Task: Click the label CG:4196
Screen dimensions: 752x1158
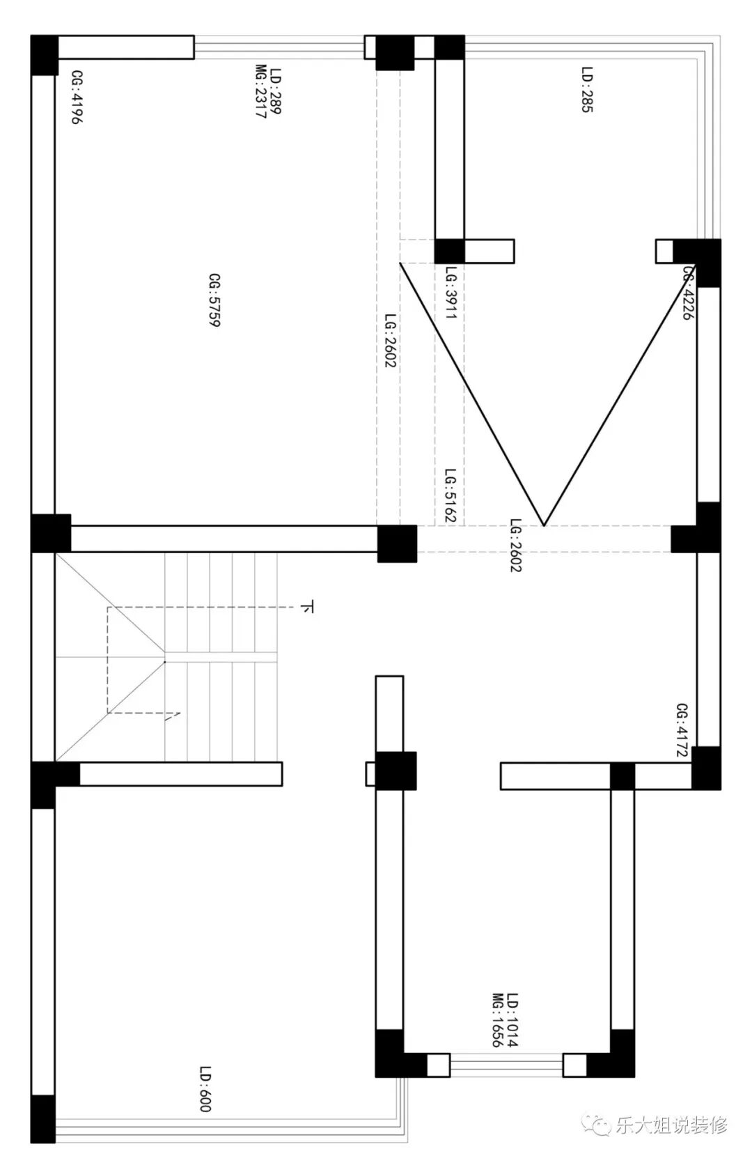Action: (76, 97)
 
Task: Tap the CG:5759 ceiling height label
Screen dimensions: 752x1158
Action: (214, 300)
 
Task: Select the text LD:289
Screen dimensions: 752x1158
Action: (276, 91)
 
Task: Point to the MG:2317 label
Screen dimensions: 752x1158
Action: (261, 91)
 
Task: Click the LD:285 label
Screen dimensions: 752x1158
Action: (587, 89)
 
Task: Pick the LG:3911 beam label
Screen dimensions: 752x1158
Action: (451, 293)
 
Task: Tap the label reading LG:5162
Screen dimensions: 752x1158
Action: (451, 495)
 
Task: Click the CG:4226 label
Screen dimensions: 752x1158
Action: (689, 293)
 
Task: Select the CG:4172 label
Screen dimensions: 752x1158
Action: (682, 730)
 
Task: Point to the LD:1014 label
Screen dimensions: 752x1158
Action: (512, 1020)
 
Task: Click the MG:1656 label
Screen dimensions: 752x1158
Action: (497, 1020)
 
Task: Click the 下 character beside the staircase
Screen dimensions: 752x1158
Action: (308, 607)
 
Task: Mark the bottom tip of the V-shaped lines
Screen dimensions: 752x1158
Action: (544, 526)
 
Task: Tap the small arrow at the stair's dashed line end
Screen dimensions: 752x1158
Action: (173, 716)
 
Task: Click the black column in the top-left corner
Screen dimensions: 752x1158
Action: (45, 55)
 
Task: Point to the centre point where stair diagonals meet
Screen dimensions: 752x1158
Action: (165, 662)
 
